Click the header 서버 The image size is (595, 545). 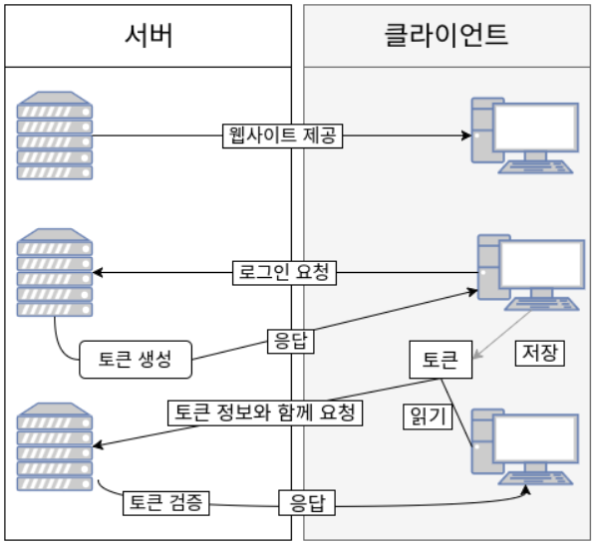(149, 35)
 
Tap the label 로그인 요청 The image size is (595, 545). (282, 271)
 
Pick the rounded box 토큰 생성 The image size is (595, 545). (136, 360)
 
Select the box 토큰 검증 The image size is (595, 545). (166, 502)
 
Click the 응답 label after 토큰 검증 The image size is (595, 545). (307, 502)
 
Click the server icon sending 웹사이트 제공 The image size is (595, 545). (55, 136)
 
